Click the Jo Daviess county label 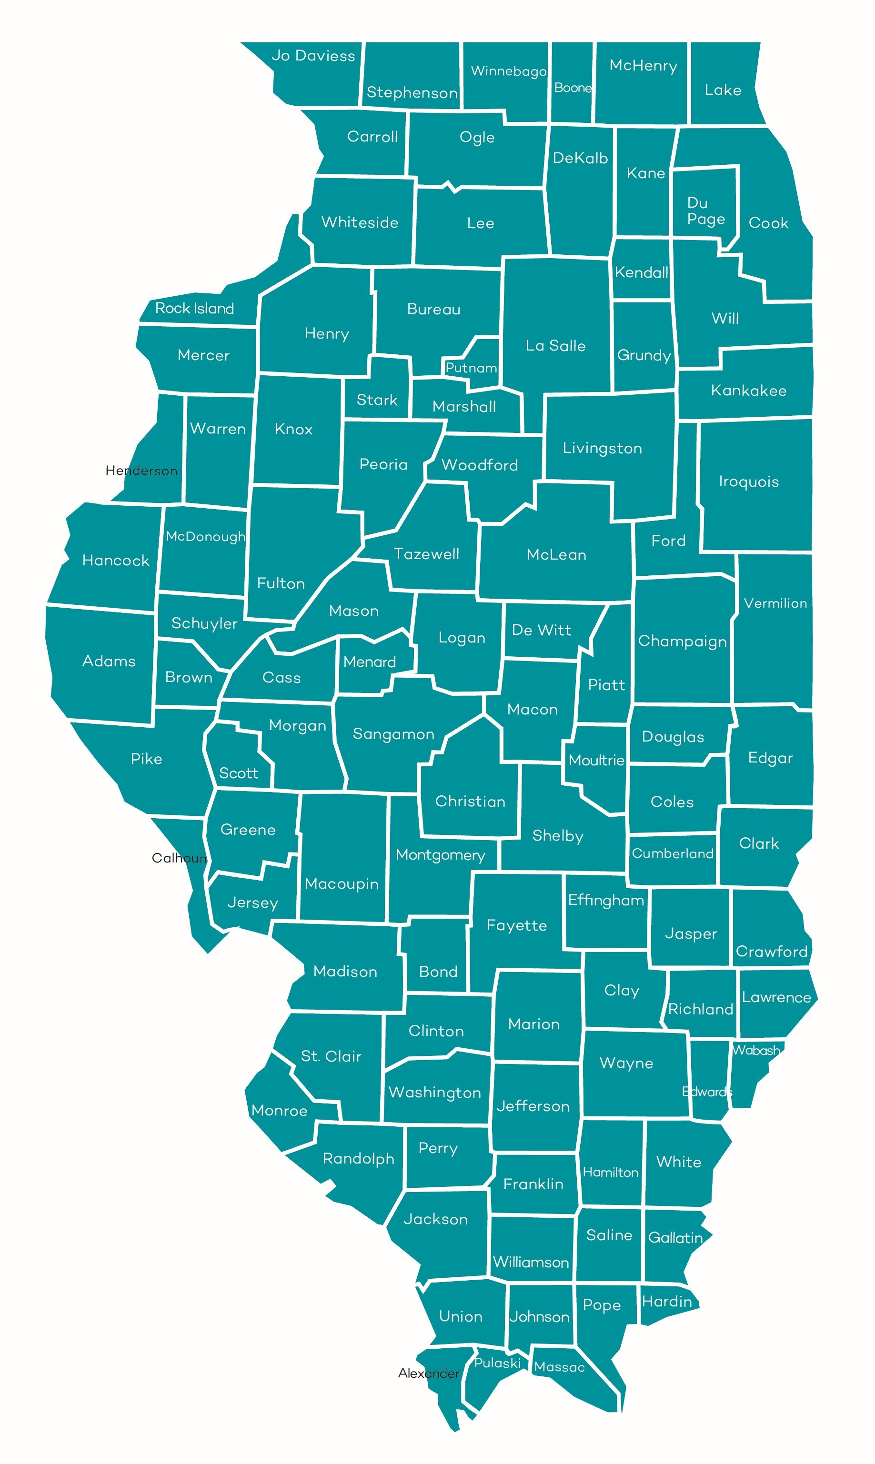pos(313,56)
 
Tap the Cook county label pos(768,223)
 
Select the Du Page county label pos(705,211)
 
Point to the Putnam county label pos(471,368)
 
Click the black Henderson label pos(141,471)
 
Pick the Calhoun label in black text pos(179,858)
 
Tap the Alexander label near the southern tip pos(428,1373)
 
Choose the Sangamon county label pos(393,734)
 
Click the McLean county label pos(556,555)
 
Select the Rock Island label pos(194,308)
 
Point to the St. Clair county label pos(331,1056)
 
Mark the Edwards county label pos(707,1092)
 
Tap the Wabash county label pos(756,1050)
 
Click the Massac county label pos(559,1367)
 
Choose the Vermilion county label pos(775,603)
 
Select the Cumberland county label pos(672,853)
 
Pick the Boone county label pos(573,88)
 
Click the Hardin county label pos(666,1301)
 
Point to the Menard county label pos(369,662)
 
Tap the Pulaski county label pos(497,1363)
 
